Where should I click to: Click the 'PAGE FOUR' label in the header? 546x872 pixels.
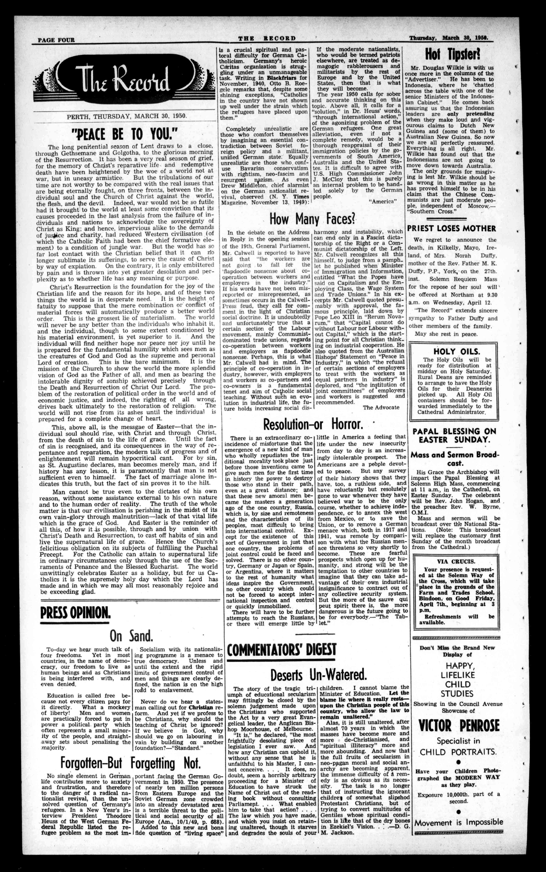56,40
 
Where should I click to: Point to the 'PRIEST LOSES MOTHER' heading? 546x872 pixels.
451,228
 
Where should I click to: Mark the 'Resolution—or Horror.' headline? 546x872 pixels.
313,424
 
